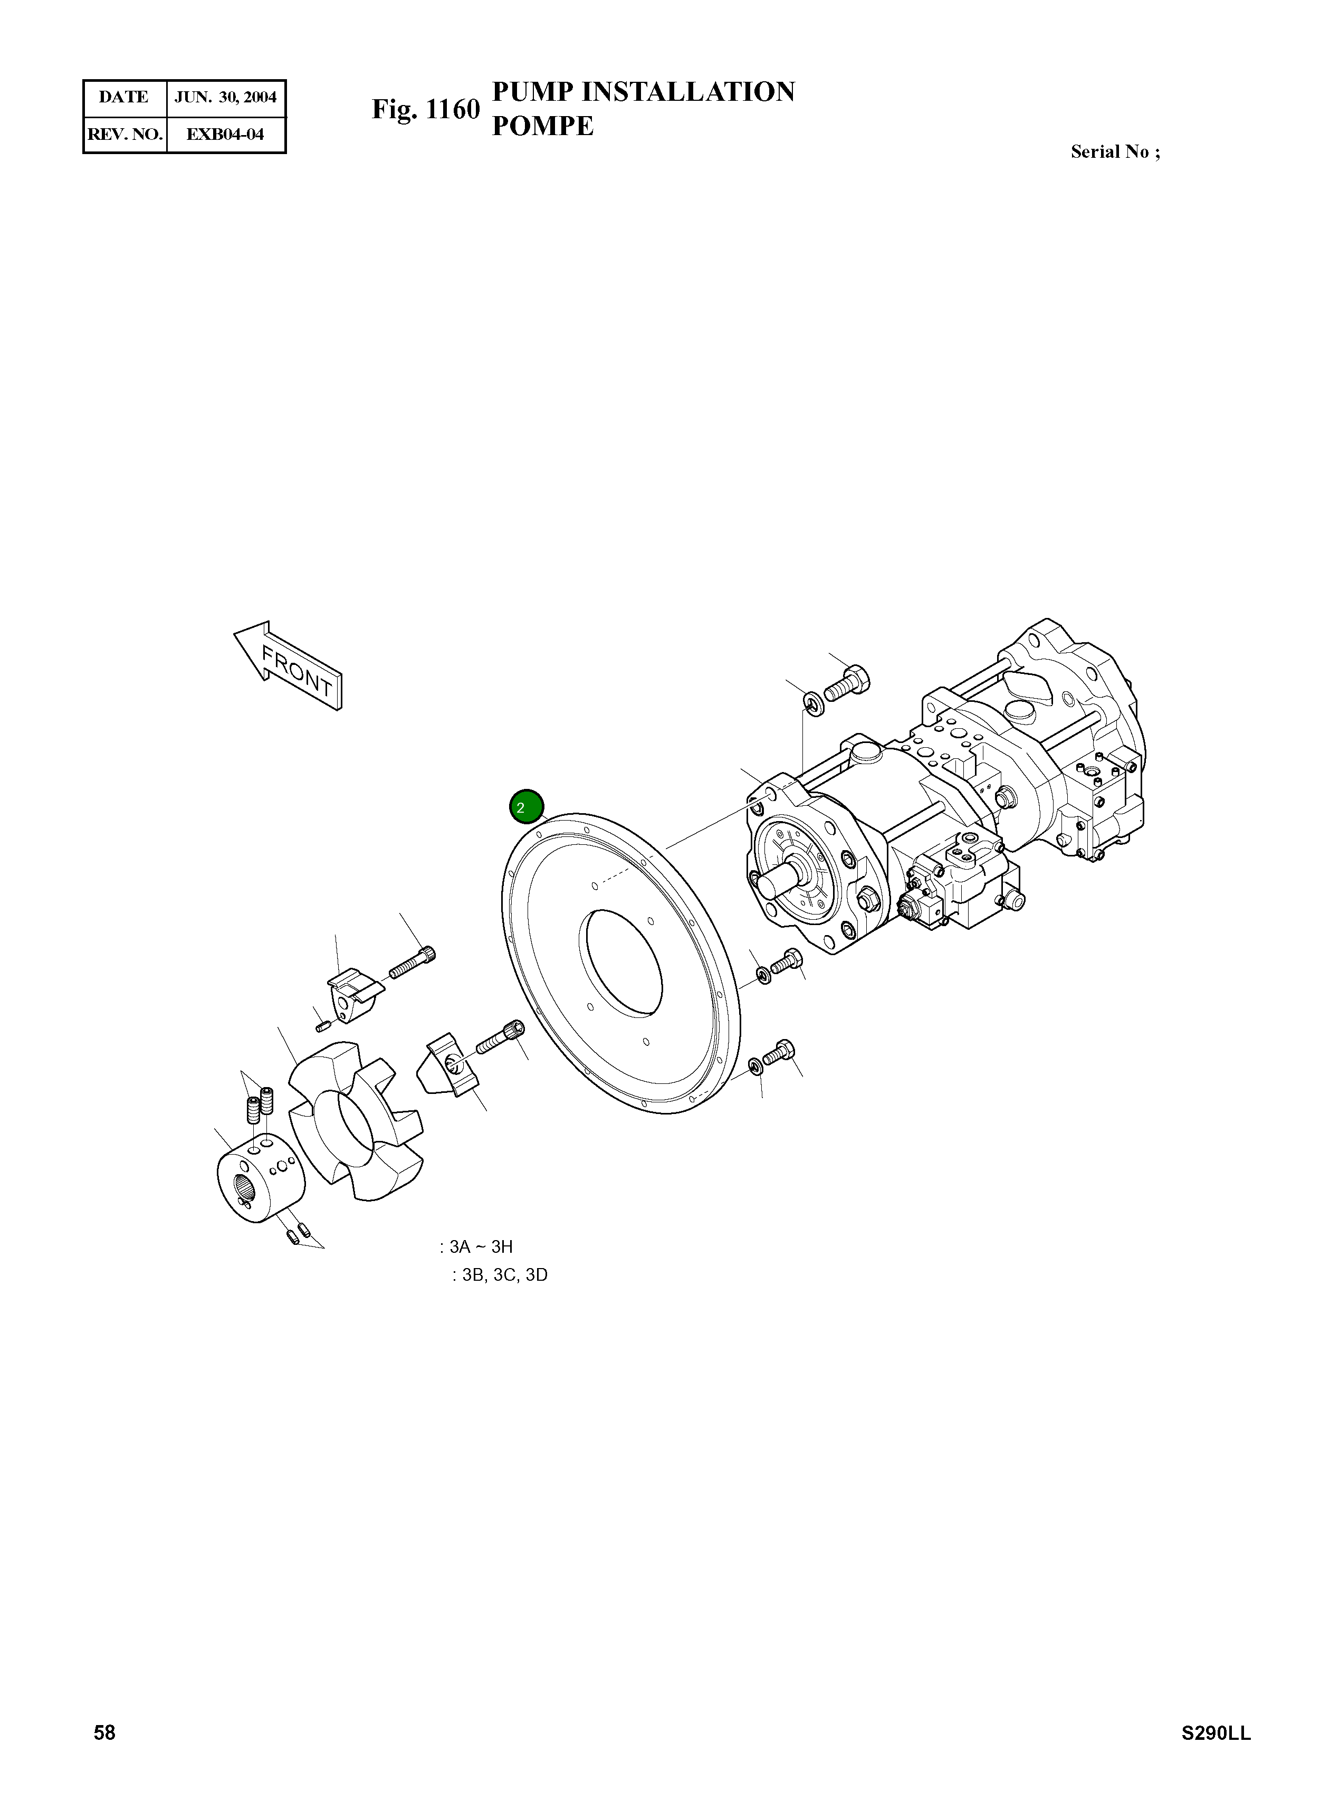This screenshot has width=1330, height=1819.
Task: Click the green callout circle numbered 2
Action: click(527, 807)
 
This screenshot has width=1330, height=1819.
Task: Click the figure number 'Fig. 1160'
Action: click(425, 110)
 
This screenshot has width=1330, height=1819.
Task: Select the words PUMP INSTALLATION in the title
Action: click(643, 92)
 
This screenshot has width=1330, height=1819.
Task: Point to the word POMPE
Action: click(543, 127)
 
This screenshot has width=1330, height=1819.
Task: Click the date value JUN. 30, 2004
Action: click(225, 98)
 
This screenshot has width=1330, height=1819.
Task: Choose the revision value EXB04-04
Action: click(225, 134)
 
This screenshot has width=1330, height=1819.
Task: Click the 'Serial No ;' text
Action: click(1115, 151)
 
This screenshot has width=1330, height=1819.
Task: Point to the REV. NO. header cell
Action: click(125, 134)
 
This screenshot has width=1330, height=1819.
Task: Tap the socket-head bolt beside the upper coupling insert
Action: click(414, 964)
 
